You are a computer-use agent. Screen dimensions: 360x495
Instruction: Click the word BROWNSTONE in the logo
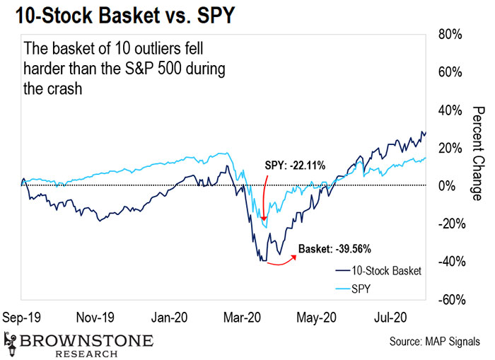[87, 340]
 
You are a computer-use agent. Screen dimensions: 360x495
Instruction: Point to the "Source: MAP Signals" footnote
[433, 342]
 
